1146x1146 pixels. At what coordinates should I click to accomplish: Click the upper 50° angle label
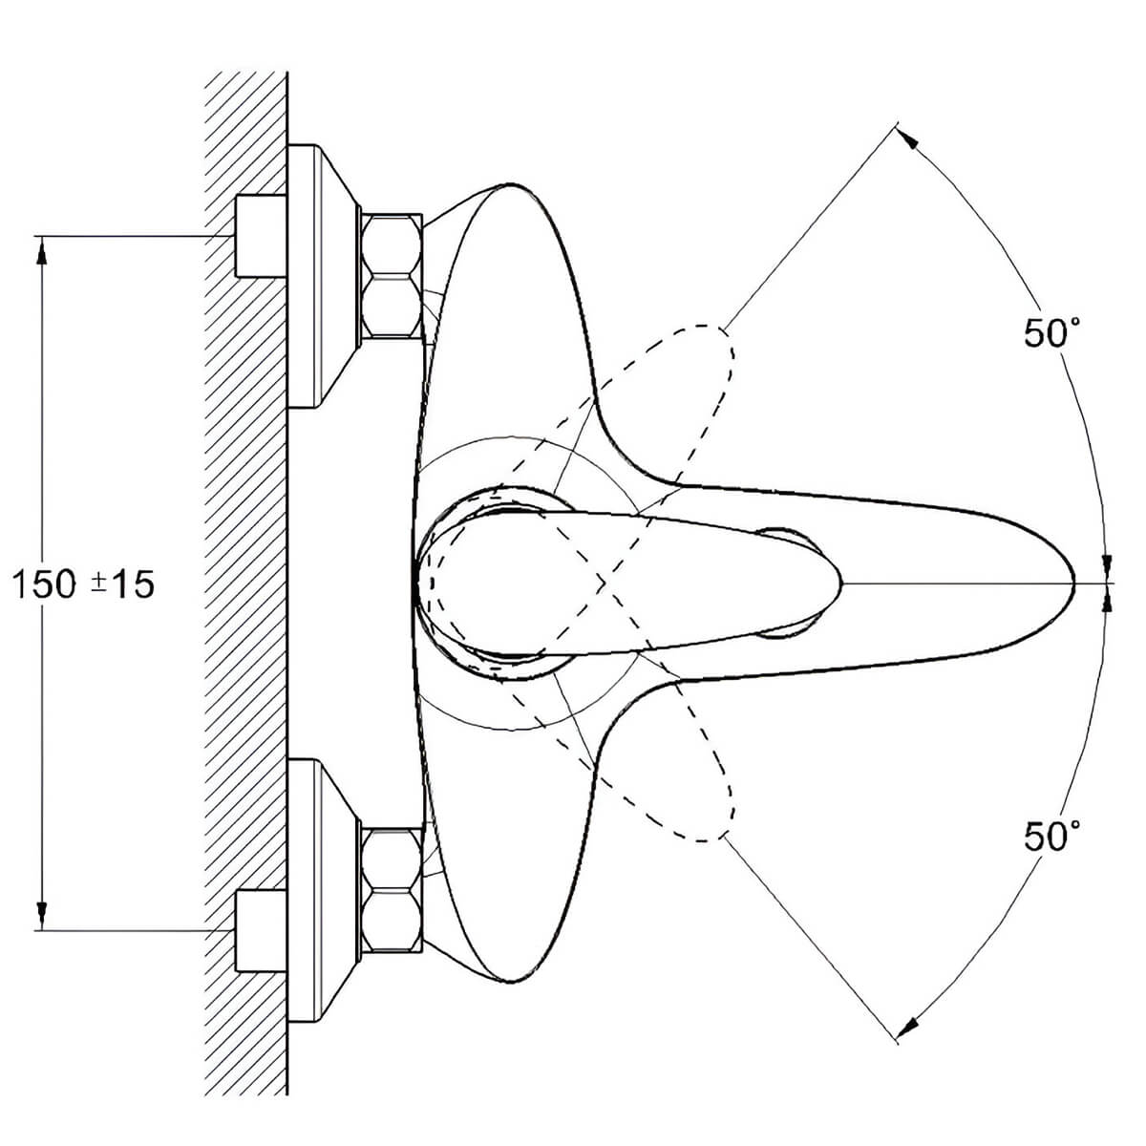coord(1050,333)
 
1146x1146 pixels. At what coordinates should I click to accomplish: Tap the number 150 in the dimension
coord(44,584)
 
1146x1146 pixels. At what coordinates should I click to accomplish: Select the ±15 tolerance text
coord(122,584)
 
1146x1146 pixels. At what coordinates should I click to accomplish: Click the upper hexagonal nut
coord(392,276)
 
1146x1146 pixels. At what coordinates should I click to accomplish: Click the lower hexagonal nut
coord(392,889)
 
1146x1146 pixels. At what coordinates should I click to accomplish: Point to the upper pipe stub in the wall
coord(261,236)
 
